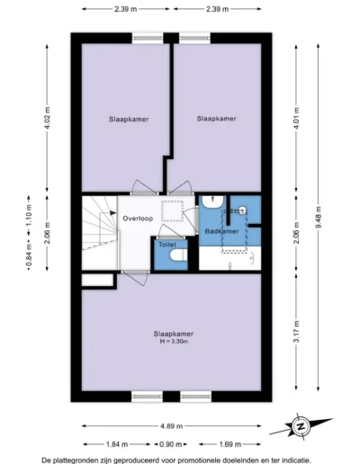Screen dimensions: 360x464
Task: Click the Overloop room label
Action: (138, 219)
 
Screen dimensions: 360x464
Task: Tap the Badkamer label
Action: (221, 231)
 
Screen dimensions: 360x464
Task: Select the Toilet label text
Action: (167, 245)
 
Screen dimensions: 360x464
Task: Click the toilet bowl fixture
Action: (178, 254)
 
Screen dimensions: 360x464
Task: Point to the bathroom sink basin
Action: (212, 201)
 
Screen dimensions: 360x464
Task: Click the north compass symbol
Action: (301, 426)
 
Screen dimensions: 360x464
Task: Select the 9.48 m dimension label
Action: (319, 218)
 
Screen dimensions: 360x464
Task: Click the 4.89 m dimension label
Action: (171, 426)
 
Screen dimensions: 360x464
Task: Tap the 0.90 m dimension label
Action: (170, 444)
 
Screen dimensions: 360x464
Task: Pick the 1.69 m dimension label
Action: (229, 444)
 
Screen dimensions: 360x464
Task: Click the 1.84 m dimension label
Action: (117, 444)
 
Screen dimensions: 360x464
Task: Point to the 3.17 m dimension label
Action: (296, 332)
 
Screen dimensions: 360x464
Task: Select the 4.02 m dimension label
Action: (47, 118)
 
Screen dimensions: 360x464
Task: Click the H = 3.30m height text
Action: (175, 342)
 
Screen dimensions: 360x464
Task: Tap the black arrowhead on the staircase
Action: (112, 213)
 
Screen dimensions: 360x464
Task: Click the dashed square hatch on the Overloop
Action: (172, 211)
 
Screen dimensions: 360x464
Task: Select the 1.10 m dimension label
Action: (29, 215)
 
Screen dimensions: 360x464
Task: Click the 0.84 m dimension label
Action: (29, 255)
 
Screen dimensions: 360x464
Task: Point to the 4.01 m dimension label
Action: (296, 118)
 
